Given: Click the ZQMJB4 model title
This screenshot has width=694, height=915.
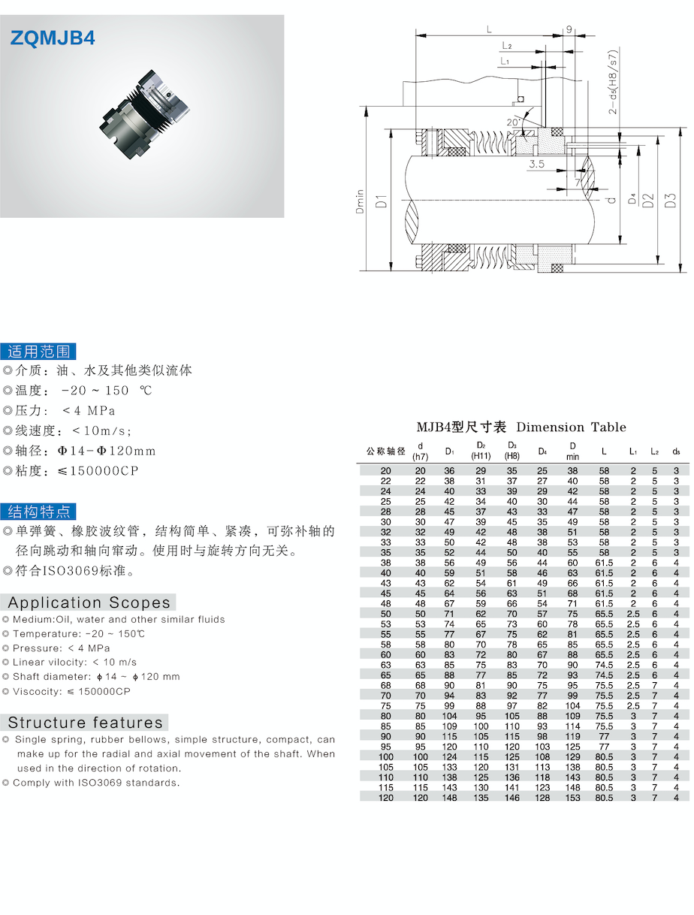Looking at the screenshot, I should [53, 38].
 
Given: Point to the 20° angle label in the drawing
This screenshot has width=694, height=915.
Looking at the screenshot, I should [513, 121].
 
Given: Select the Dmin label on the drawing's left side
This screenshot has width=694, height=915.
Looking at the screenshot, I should [361, 201].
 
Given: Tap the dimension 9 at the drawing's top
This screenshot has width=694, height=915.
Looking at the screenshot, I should [569, 29].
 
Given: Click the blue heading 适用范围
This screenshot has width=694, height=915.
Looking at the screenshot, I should [38, 351].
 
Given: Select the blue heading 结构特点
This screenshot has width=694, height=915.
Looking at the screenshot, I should [38, 512].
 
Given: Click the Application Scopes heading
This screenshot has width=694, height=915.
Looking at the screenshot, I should [89, 602].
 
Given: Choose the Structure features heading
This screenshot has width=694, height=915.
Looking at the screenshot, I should [86, 723].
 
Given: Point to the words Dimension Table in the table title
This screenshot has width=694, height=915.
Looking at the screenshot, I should [572, 427].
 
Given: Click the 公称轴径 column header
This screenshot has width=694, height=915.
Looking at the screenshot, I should [386, 451].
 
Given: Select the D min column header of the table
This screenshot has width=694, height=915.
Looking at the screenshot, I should [572, 451].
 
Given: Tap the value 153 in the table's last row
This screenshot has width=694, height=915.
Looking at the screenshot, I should [572, 797].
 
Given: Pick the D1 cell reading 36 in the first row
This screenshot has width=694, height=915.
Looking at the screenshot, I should [449, 470].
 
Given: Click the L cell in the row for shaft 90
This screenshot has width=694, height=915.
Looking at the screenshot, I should [604, 736].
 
